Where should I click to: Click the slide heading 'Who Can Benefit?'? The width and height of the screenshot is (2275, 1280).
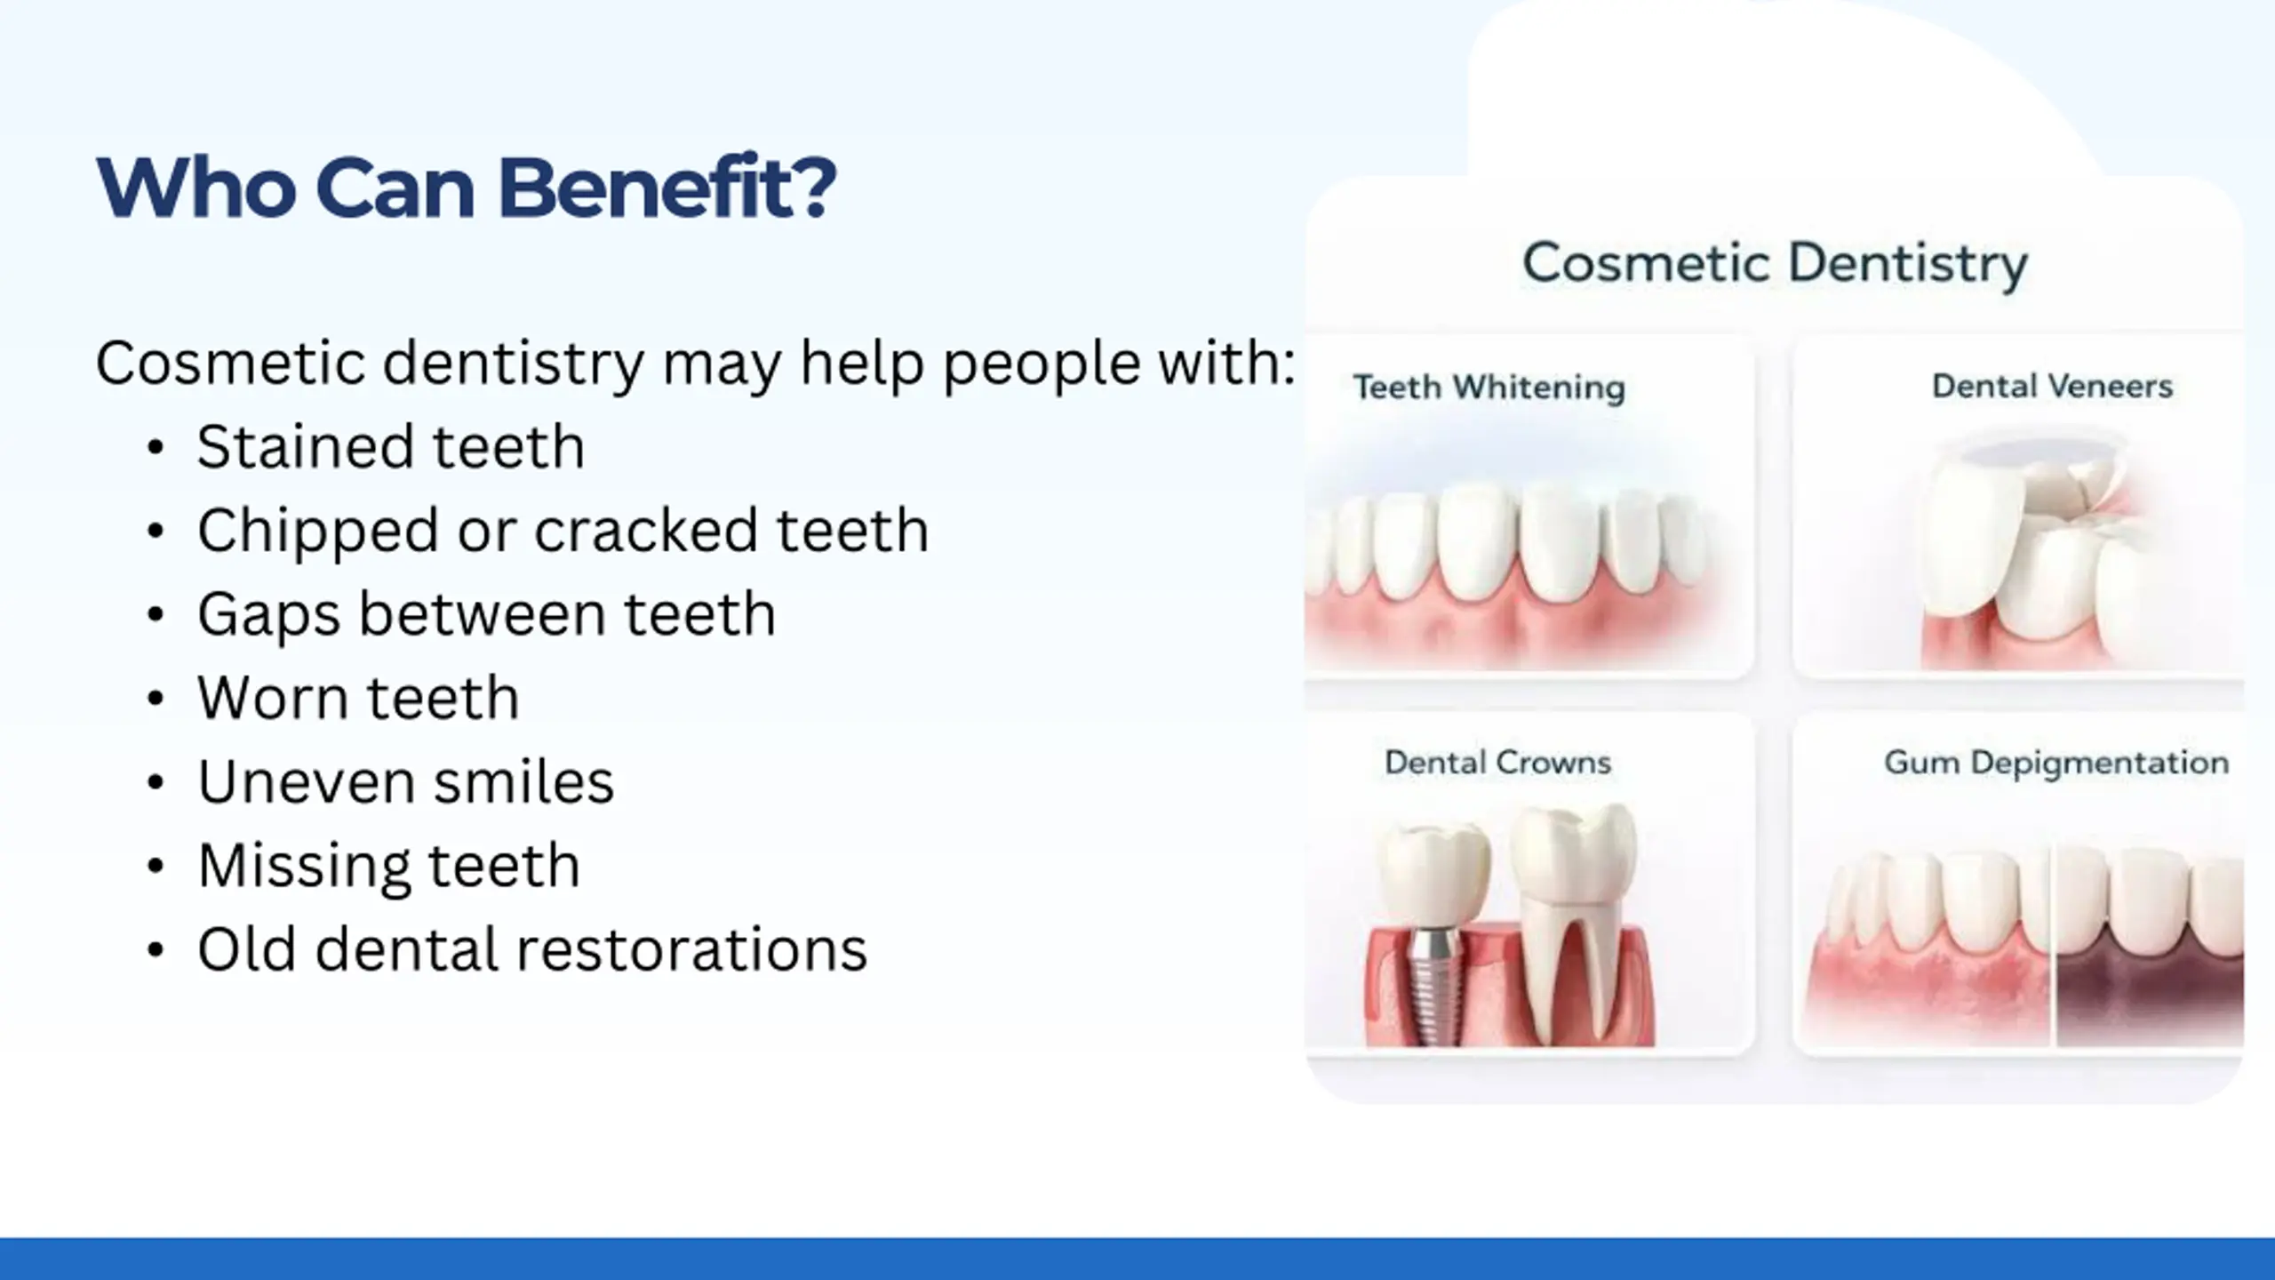click(467, 188)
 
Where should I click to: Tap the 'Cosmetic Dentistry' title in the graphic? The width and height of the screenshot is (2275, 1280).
click(1775, 264)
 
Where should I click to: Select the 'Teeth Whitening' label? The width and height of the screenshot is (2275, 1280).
click(1489, 388)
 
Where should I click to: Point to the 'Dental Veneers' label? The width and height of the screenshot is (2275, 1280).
click(2052, 386)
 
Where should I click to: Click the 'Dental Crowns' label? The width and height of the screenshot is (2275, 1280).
click(1497, 763)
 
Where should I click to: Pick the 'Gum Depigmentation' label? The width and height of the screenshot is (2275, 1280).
click(2056, 764)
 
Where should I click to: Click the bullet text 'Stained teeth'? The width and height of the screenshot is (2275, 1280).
click(391, 446)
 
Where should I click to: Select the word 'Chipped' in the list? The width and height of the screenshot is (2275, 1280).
click(318, 532)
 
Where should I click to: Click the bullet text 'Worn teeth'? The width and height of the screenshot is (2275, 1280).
click(358, 698)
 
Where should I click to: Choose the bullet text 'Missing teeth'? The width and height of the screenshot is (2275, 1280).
click(388, 867)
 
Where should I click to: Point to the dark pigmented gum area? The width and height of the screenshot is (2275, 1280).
click(2149, 996)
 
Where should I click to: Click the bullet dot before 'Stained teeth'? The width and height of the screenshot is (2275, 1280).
click(156, 448)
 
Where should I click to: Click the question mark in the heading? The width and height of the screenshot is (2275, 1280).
click(810, 186)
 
